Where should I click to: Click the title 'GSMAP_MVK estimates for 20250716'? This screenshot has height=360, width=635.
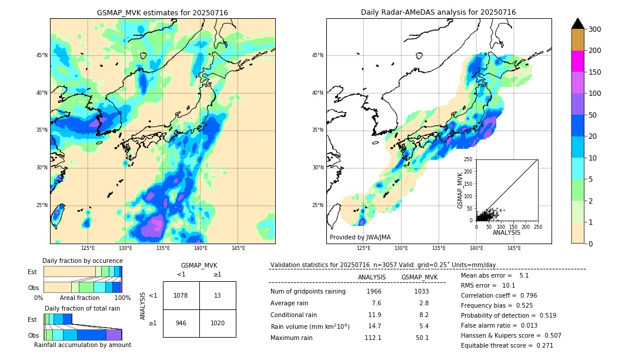[x=162, y=12]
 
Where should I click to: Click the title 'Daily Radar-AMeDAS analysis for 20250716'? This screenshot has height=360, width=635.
[x=439, y=12]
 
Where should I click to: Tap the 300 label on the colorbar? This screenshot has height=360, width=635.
[x=595, y=29]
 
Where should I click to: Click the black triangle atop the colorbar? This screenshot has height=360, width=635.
[x=578, y=24]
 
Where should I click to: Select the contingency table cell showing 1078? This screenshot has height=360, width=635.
[x=181, y=295]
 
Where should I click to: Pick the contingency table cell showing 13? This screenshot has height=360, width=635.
[x=218, y=295]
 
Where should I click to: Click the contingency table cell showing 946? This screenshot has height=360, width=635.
[x=181, y=323]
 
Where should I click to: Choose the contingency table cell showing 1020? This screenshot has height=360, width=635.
[x=218, y=323]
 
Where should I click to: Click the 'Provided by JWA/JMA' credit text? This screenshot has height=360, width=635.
[x=360, y=238]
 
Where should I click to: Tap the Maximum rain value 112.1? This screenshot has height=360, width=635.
[x=373, y=338]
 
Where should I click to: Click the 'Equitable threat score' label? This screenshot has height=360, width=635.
[x=496, y=346]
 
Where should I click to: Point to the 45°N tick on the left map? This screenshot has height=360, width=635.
[x=42, y=55]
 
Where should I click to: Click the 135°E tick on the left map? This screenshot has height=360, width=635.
[x=163, y=248]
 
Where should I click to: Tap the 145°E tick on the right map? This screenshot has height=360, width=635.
[x=514, y=248]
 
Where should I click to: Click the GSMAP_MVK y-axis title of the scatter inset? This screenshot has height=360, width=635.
[x=461, y=190]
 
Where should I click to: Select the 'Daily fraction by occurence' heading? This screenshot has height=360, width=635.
[x=82, y=261]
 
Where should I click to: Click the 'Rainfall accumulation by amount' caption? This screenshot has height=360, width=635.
[x=82, y=345]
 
